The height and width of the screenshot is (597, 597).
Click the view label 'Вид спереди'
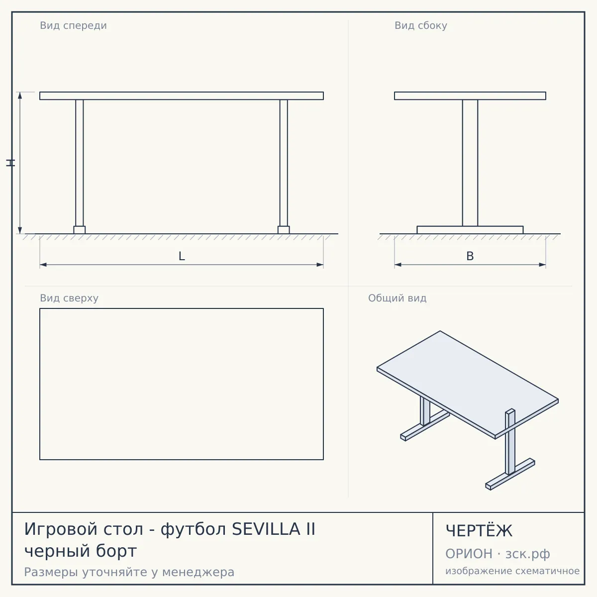click(74, 25)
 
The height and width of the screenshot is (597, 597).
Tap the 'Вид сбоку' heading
click(421, 25)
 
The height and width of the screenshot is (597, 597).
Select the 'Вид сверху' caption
click(69, 298)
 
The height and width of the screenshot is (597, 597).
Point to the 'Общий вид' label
click(397, 298)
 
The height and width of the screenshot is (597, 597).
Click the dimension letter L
click(182, 256)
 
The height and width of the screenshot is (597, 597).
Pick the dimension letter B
click(470, 256)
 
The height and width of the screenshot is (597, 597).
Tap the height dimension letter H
click(10, 163)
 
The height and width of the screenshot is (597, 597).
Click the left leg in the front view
click(79, 163)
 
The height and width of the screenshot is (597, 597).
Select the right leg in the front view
click(284, 163)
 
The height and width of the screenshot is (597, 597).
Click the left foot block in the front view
click(79, 230)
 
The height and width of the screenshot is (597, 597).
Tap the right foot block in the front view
click(284, 230)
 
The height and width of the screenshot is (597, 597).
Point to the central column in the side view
click(470, 163)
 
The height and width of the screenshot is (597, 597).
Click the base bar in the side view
click(470, 230)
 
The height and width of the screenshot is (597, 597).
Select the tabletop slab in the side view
click(470, 96)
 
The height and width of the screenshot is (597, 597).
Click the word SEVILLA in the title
click(266, 529)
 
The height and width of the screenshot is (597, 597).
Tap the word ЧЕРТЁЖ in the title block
click(479, 530)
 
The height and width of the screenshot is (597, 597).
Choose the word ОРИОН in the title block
click(469, 554)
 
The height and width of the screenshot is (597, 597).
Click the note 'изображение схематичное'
click(512, 571)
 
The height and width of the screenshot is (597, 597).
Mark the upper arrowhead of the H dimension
click(20, 96)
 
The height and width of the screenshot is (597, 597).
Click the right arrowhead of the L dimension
click(320, 265)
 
